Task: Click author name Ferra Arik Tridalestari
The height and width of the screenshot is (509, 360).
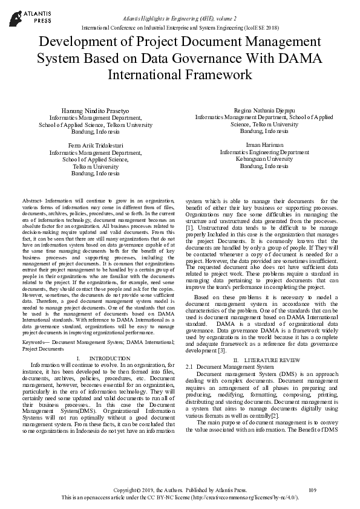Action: tap(95, 146)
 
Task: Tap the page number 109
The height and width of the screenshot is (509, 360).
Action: tap(313, 489)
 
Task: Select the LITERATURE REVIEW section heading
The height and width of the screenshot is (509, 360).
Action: tap(266, 360)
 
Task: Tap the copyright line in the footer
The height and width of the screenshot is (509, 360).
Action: tap(180, 489)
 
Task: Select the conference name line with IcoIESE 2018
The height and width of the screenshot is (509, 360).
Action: tap(180, 28)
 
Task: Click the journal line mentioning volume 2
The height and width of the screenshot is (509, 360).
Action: tap(180, 20)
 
